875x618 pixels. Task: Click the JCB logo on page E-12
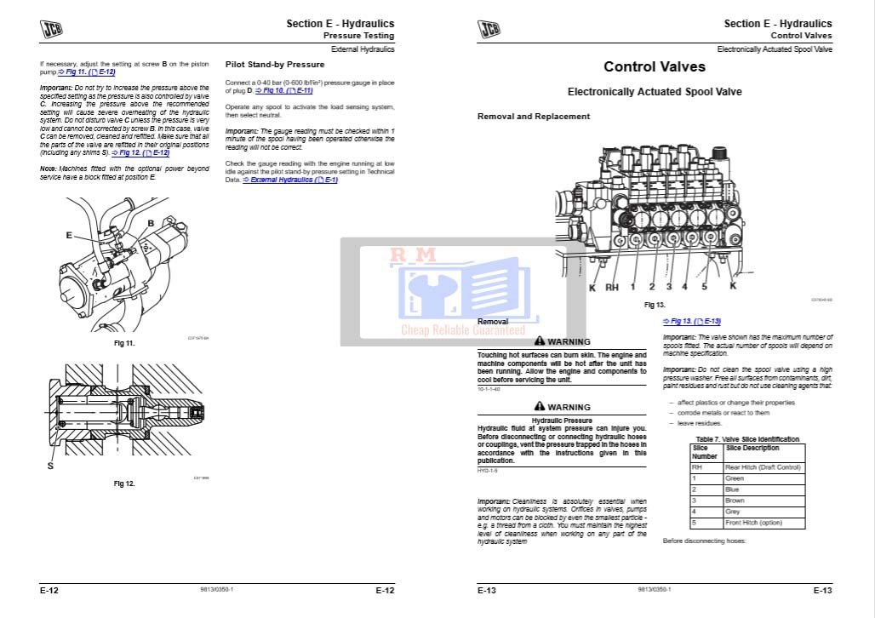(x=51, y=29)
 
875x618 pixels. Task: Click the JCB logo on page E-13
(x=489, y=29)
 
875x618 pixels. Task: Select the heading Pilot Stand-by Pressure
(x=274, y=65)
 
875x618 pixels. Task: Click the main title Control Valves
(x=654, y=66)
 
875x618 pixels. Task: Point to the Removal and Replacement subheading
(x=533, y=117)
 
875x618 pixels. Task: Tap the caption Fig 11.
(x=124, y=343)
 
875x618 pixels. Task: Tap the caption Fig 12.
(x=124, y=484)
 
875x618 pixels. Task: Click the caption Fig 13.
(x=654, y=305)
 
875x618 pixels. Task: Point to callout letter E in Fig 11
(x=69, y=235)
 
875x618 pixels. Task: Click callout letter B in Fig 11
(x=151, y=223)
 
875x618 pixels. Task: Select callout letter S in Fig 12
(x=50, y=466)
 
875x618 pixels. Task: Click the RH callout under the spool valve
(x=611, y=288)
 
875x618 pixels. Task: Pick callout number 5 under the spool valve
(x=704, y=287)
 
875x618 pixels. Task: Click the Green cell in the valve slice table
(x=734, y=478)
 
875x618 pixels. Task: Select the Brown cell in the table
(x=734, y=501)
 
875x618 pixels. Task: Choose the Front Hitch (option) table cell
(x=753, y=523)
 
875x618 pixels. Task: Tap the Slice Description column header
(x=752, y=448)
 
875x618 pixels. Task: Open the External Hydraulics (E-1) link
(x=289, y=180)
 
